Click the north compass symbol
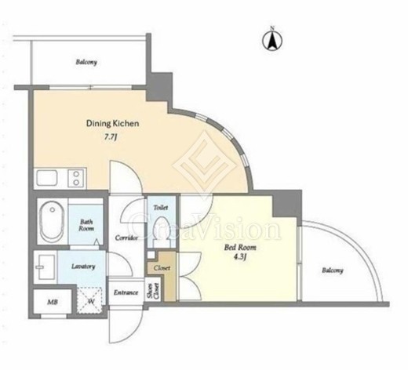pos(272,40)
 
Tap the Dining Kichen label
pos(112,124)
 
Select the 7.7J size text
pos(110,137)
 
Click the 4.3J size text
pos(240,257)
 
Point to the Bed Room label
pos(240,247)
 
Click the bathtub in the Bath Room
pos(53,222)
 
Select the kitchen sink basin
pos(47,178)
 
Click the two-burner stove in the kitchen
pos(76,178)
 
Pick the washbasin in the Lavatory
pos(46,267)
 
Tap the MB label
pos(53,303)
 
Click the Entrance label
pos(126,292)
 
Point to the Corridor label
pos(126,238)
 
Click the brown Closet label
pos(162,268)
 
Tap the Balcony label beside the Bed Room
pos(333,270)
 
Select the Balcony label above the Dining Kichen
pos(86,62)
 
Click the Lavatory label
pos(83,267)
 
